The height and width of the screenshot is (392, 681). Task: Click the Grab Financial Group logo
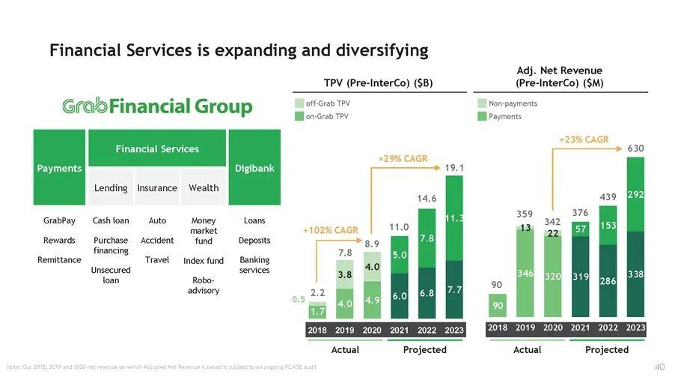point(157,107)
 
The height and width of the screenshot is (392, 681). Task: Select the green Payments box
point(60,168)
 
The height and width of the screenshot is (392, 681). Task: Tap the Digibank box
point(254,168)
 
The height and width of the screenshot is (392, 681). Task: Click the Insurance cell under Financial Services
point(157,188)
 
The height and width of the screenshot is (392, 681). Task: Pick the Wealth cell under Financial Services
point(204,188)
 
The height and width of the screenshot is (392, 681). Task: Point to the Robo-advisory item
point(204,286)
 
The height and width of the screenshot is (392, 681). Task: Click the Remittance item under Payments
point(59,260)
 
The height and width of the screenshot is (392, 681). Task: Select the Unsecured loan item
point(111,275)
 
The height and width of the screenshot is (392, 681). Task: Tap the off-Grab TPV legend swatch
point(299,103)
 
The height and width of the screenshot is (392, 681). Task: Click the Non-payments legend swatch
point(482,103)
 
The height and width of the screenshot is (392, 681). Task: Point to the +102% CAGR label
point(331,230)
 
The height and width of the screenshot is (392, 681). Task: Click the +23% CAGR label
point(584,139)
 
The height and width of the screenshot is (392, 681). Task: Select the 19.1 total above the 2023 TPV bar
point(454,168)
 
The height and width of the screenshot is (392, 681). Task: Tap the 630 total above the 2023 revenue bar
point(635,149)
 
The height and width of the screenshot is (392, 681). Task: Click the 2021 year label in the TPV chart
point(399,330)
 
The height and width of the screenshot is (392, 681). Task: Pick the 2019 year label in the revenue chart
point(525,328)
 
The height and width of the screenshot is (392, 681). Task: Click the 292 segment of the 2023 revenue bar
point(635,195)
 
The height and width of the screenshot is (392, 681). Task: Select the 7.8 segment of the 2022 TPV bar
point(427,238)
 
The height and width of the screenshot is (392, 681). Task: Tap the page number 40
point(659,367)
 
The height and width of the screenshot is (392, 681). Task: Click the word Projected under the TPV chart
point(424,350)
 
